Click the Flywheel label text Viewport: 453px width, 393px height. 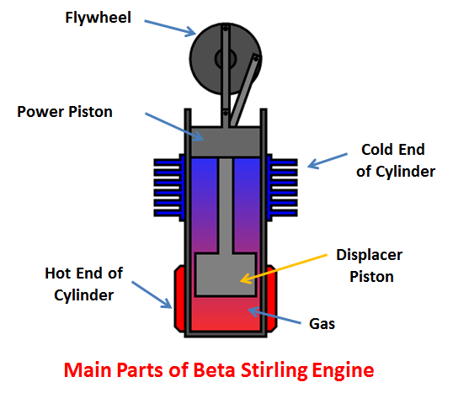(98, 18)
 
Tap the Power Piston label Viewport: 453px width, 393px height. (65, 112)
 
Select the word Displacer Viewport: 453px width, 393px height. (369, 255)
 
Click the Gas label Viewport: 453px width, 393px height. (322, 324)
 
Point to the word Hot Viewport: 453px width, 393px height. (57, 274)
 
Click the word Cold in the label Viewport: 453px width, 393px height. (375, 150)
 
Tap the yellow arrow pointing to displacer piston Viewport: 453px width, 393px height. (284, 268)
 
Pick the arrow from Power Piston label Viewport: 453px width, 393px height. (174, 126)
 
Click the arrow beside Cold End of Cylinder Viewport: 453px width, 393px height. (328, 161)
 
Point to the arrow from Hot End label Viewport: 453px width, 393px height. (152, 295)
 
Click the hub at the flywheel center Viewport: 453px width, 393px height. (226, 59)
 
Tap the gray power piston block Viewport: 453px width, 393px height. (226, 141)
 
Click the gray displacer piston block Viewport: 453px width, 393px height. (226, 274)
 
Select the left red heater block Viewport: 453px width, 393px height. (179, 298)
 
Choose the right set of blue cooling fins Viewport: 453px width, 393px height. (282, 188)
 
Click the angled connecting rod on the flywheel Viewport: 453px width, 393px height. (245, 90)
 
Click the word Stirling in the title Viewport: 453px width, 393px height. (274, 370)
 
